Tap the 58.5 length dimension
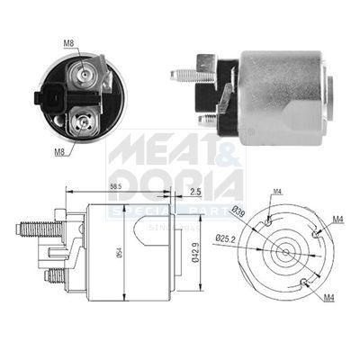[x=115, y=185]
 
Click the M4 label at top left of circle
[x=277, y=190]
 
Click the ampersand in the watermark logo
[x=229, y=149]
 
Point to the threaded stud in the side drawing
[x=31, y=229]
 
